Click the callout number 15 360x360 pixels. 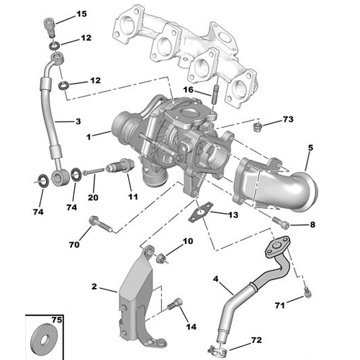click(x=81, y=14)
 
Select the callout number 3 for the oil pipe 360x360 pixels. click(x=78, y=122)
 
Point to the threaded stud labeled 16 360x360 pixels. click(x=214, y=94)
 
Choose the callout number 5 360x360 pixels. click(x=311, y=148)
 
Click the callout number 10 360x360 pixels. click(x=188, y=242)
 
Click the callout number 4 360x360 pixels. click(x=215, y=279)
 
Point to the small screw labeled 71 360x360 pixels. click(x=307, y=291)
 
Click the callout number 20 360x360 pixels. click(x=92, y=198)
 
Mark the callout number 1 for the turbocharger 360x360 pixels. click(x=88, y=136)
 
